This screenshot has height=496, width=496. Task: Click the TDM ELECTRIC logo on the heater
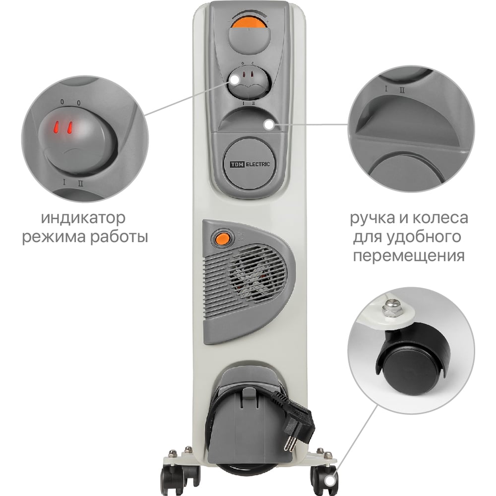249,164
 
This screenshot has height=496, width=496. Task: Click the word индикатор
83,218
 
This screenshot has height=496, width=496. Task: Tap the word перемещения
409,255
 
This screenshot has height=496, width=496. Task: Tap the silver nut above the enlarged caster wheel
392,308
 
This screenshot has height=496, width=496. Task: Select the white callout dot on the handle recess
269,124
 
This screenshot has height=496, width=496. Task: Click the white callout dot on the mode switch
235,79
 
